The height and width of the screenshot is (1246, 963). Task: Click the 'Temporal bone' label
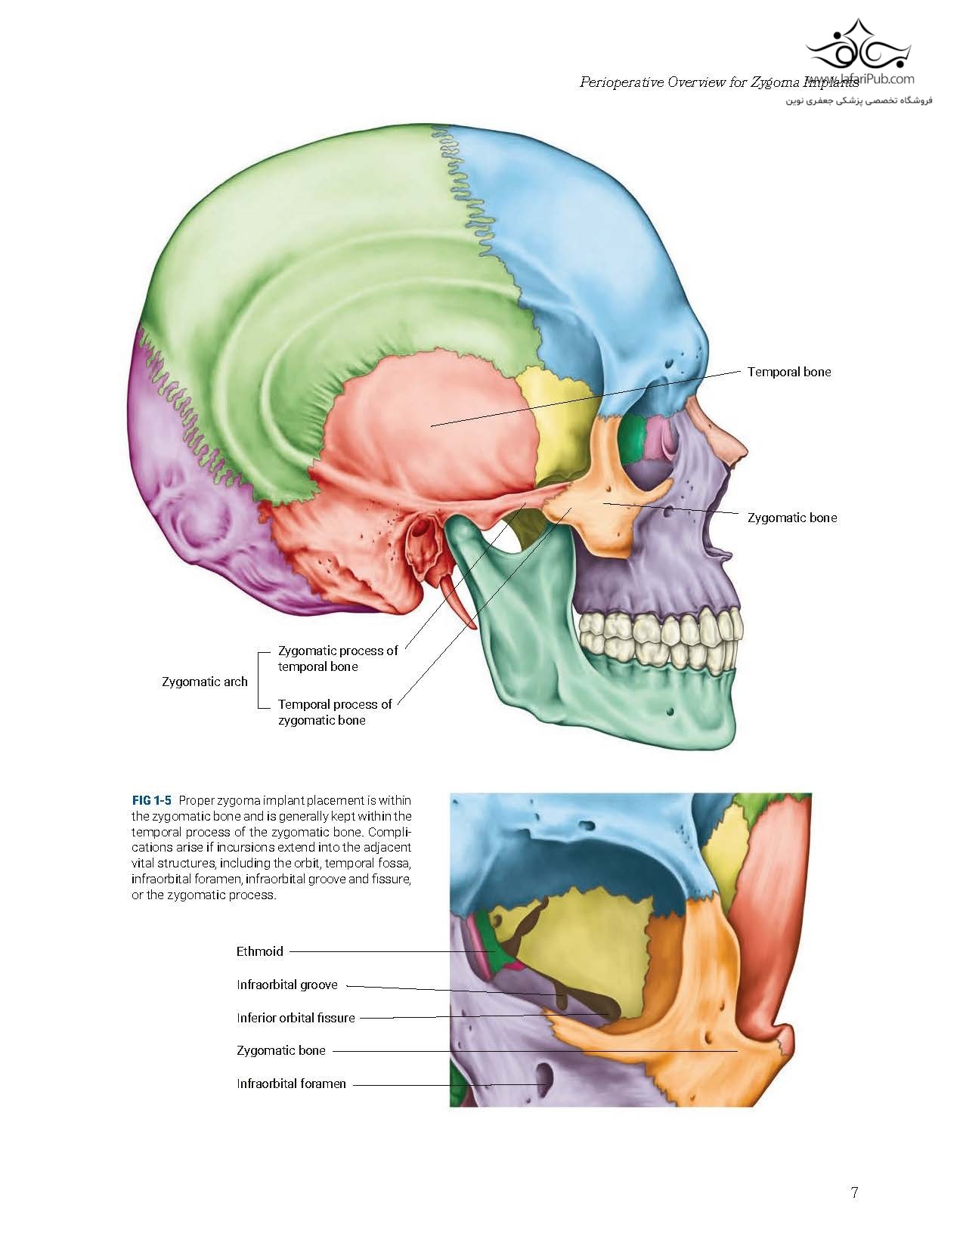tap(788, 372)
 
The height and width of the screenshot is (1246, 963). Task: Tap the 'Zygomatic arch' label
tap(204, 682)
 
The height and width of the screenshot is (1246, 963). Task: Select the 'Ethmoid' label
tap(259, 951)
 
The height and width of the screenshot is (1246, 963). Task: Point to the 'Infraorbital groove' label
tap(286, 985)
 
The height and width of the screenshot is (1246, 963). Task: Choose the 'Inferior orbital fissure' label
tap(295, 1018)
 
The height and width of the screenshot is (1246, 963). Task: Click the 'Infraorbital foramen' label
tap(291, 1084)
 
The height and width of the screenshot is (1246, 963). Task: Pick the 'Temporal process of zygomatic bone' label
tap(334, 712)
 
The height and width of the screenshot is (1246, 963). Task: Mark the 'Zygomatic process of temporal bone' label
tap(337, 658)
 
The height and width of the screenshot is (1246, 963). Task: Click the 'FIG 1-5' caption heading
tap(151, 799)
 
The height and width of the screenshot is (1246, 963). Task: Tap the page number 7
tap(854, 1193)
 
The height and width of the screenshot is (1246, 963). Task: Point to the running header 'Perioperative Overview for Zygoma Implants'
tap(718, 82)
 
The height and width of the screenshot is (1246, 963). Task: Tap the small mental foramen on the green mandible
tap(671, 711)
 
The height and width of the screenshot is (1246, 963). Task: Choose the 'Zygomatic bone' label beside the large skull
tap(791, 518)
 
